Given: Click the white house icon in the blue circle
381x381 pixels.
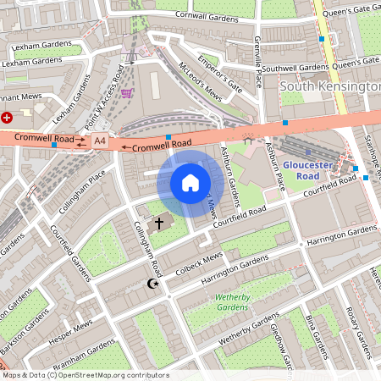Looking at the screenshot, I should click(190, 182).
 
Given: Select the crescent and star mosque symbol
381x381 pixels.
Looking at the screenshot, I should click(153, 284).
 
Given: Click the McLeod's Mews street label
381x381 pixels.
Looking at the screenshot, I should click(200, 85).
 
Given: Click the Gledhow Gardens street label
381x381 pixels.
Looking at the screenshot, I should click(279, 347).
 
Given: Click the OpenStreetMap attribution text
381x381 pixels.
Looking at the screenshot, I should click(86, 374).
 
